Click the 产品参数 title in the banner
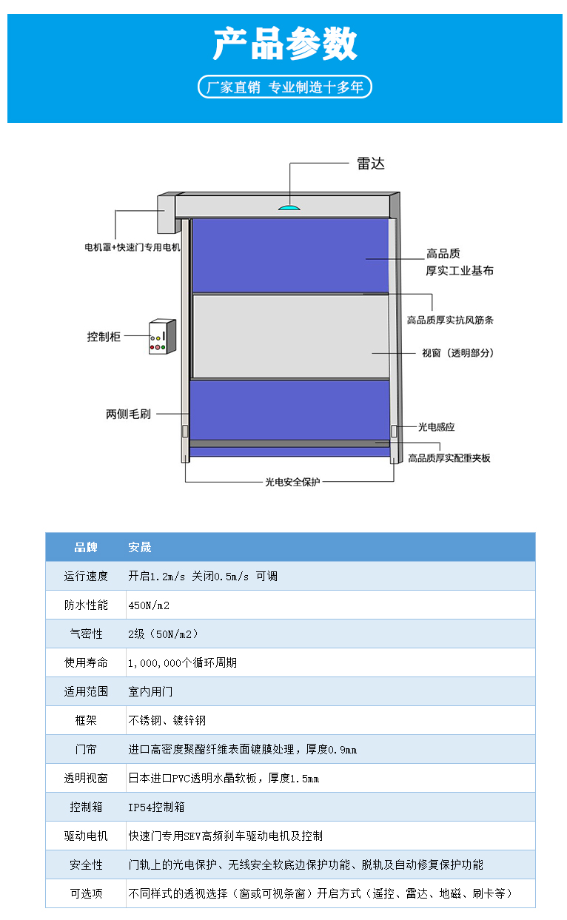coord(285,44)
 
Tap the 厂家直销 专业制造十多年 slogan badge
coord(285,87)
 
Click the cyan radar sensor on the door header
coord(289,207)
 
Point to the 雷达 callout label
coord(371,164)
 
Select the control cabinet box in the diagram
coord(162,337)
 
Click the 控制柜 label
coord(104,337)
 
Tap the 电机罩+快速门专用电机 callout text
coord(132,247)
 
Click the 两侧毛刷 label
coord(128,414)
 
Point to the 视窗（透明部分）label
coord(457,353)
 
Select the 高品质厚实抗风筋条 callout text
coord(450,320)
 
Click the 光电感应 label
coord(436,427)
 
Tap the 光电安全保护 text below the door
coord(292,482)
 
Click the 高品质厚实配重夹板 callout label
coord(449,458)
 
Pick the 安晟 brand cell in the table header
coord(140,547)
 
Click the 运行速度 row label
coord(86,577)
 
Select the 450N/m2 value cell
coord(149,605)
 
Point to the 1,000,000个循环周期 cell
coord(182,663)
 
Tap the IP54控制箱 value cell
coord(156,807)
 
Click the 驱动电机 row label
coord(86,836)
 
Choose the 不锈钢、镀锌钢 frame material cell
coord(167,721)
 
